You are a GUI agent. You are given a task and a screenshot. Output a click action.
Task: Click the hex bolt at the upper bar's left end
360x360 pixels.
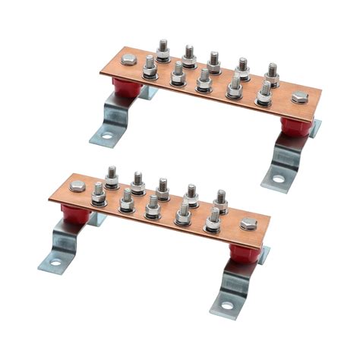point(128,60)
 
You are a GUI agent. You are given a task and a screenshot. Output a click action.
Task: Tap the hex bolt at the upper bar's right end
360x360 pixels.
point(300,97)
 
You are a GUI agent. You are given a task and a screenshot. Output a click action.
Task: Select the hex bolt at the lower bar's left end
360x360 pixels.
point(77,186)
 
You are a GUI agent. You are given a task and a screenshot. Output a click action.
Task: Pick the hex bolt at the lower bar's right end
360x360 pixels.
point(248,223)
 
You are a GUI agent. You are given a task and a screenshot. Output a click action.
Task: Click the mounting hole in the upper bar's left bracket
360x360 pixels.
point(107,137)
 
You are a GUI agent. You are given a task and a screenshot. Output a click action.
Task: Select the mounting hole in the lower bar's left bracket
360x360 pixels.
point(55,263)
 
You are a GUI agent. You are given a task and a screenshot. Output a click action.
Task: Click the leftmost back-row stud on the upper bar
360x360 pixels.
point(163,49)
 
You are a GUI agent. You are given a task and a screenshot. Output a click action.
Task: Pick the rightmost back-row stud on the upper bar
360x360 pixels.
point(271,72)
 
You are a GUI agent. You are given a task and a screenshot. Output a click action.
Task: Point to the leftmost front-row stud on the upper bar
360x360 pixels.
point(150,67)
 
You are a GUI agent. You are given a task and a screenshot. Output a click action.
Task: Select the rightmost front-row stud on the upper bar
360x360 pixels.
point(264,91)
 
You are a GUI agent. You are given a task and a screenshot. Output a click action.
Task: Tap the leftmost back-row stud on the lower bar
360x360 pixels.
point(111,176)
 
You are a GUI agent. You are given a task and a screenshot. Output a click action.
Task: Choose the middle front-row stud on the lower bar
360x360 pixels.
point(153,206)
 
